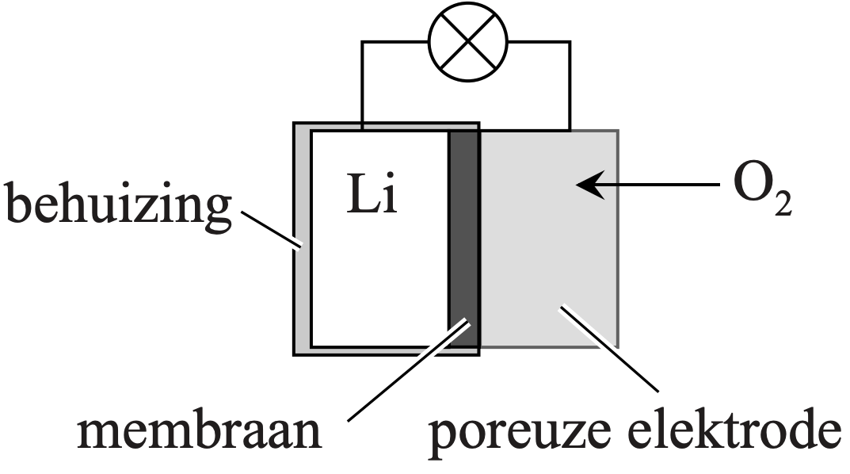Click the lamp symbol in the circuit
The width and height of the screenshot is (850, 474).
[x=466, y=42]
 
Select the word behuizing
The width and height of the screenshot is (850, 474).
[x=119, y=205]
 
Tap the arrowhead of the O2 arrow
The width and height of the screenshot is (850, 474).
[x=585, y=185]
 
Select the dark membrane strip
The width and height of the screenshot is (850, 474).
[x=464, y=238]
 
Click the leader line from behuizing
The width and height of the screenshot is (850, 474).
[x=269, y=230]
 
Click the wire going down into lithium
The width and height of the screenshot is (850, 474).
[x=362, y=87]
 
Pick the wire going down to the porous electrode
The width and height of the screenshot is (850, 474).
[x=569, y=87]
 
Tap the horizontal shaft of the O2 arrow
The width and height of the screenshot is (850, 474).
[x=658, y=185]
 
